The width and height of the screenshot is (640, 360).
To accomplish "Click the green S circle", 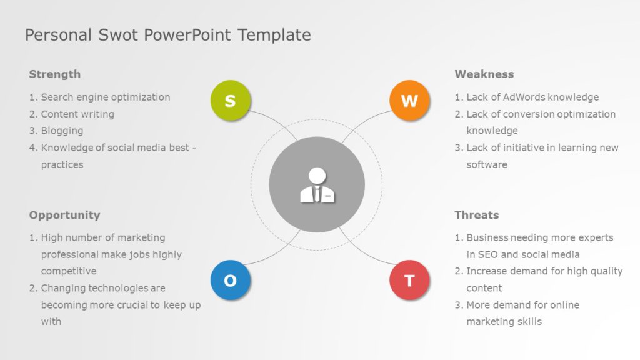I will pyautogui.click(x=230, y=100).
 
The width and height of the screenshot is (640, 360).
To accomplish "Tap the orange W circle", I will pyautogui.click(x=409, y=100).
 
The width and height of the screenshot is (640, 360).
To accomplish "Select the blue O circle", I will pyautogui.click(x=230, y=280).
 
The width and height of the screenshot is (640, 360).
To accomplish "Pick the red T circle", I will pyautogui.click(x=409, y=280).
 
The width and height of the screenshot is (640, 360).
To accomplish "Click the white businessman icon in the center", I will pyautogui.click(x=317, y=185).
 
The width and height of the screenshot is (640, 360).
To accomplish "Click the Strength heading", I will pyautogui.click(x=55, y=74).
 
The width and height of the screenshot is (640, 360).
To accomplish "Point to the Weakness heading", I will pyautogui.click(x=484, y=74).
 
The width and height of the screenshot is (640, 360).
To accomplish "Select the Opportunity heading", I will pyautogui.click(x=64, y=215).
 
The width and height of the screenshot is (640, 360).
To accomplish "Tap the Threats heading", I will pyautogui.click(x=476, y=215).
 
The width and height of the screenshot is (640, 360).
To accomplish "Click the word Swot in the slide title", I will pyautogui.click(x=119, y=35).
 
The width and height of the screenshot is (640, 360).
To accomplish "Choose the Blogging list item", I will pyautogui.click(x=62, y=131).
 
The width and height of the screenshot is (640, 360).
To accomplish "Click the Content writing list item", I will pyautogui.click(x=77, y=114).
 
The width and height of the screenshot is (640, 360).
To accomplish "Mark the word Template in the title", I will pyautogui.click(x=274, y=35).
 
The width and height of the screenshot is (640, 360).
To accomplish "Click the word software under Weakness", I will pyautogui.click(x=487, y=164).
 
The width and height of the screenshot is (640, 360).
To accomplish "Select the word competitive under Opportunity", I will pyautogui.click(x=69, y=271).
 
